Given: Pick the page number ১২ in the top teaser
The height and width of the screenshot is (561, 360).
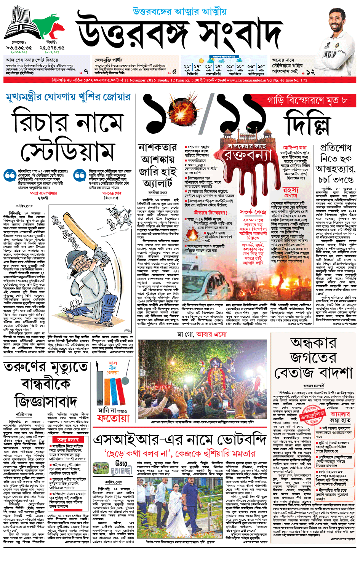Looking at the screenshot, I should pyautogui.click(x=310, y=72).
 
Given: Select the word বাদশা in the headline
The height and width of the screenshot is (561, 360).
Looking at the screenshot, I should pyautogui.click(x=335, y=372).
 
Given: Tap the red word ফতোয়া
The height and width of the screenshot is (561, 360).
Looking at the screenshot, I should pyautogui.click(x=113, y=418).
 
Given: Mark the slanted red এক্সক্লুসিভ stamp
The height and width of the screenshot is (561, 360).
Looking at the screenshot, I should pyautogui.click(x=312, y=415).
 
